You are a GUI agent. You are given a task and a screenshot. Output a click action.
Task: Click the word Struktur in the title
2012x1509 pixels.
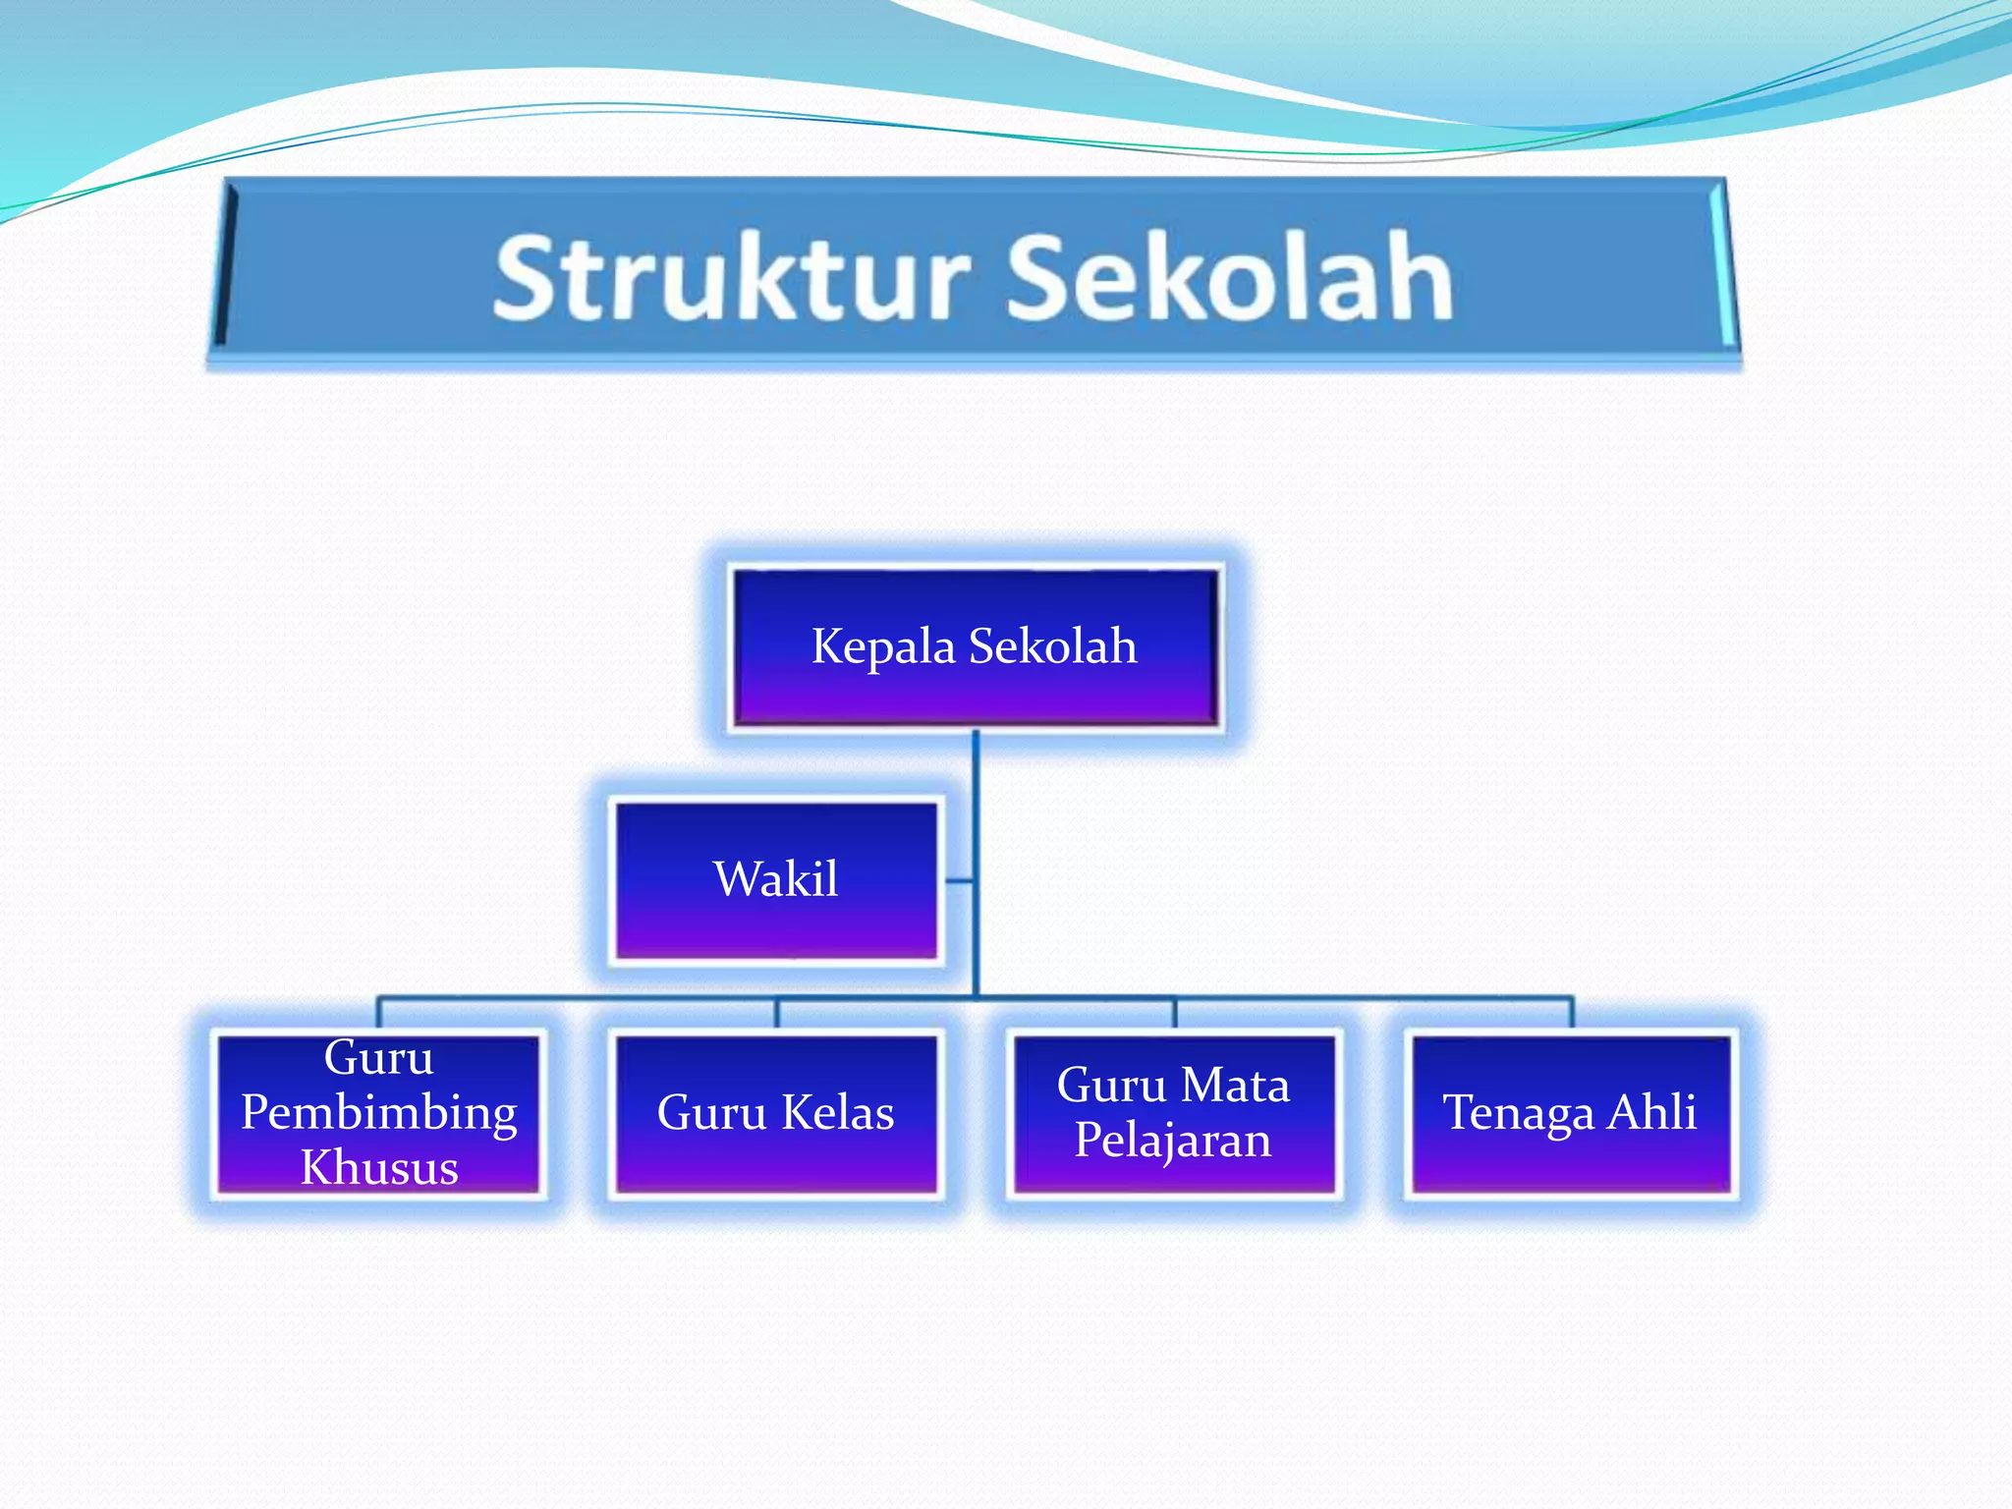coord(732,278)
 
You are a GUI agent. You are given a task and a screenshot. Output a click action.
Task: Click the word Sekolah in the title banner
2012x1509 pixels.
coord(1230,278)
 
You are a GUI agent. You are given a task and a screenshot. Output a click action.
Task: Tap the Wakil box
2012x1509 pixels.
coord(776,879)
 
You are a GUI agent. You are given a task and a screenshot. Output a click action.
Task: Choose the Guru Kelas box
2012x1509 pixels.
coord(776,1113)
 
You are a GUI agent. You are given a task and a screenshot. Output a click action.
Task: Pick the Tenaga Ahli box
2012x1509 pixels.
coord(1570,1113)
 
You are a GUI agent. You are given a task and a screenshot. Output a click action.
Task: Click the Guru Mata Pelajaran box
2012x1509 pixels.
coord(1174,1113)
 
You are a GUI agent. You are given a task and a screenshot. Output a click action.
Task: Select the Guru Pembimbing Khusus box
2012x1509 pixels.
coord(379,1113)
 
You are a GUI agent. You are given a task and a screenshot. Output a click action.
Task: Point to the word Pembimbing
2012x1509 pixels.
coord(379,1113)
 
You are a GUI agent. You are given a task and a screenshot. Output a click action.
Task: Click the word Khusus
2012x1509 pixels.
coord(379,1168)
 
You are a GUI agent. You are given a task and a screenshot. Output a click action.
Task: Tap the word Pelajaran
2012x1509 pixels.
coord(1173,1141)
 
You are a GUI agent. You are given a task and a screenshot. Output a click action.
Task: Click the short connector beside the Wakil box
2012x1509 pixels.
coord(960,881)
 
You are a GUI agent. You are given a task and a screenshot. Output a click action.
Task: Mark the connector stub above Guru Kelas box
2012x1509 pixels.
coord(777,1013)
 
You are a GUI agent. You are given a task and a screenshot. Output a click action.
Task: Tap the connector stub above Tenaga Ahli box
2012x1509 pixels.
coord(1572,1013)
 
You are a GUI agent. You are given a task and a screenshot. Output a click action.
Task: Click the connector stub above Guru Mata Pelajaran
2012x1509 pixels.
coord(1175,1013)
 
